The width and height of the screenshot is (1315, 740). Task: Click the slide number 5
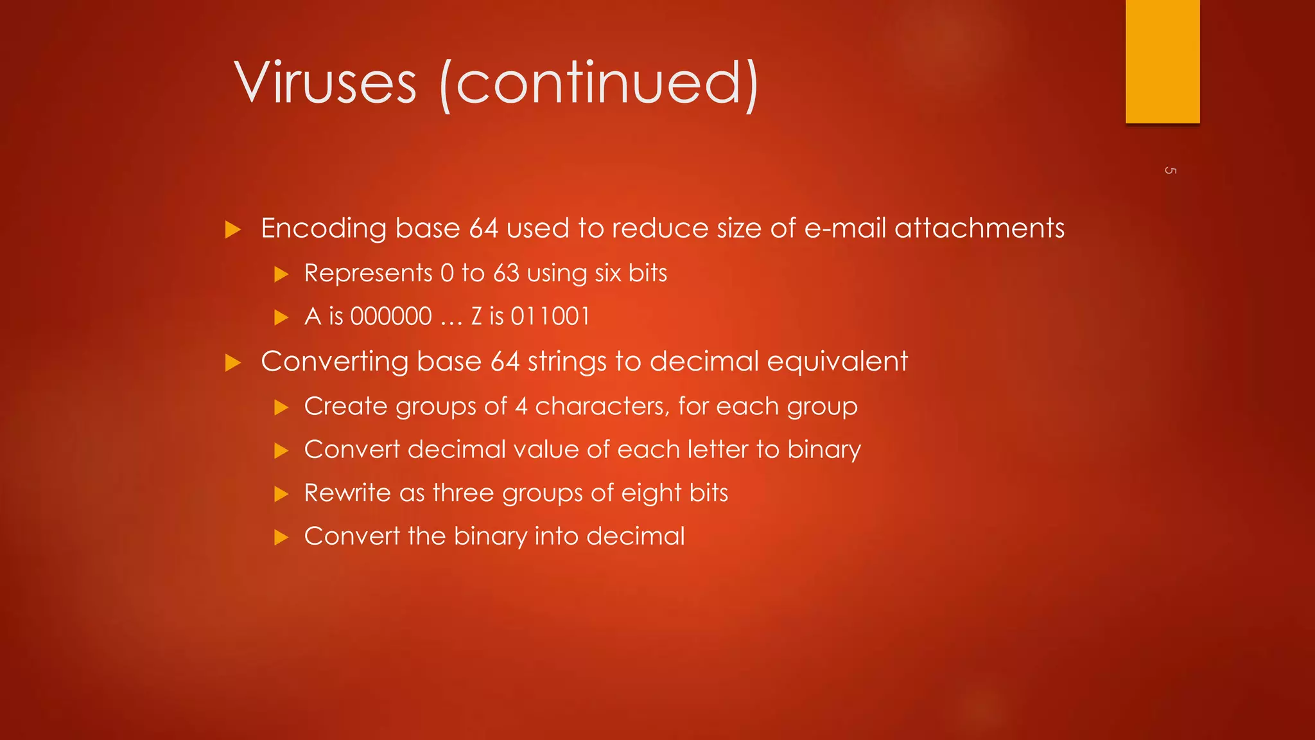point(1170,170)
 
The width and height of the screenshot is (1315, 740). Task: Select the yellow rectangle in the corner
point(1162,61)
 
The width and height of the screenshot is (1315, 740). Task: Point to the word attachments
point(979,228)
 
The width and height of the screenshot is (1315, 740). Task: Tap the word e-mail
point(845,228)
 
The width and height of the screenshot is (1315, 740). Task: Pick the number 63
point(506,274)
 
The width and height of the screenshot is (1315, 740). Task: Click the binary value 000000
point(391,317)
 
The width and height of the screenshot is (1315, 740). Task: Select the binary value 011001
point(550,317)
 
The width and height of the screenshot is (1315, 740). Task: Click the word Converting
point(334,362)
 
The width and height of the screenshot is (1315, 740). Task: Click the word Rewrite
point(347,493)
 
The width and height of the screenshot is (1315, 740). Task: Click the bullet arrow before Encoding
point(233,230)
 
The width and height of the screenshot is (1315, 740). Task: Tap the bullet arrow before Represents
point(281,275)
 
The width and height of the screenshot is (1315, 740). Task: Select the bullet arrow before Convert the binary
point(281,538)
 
